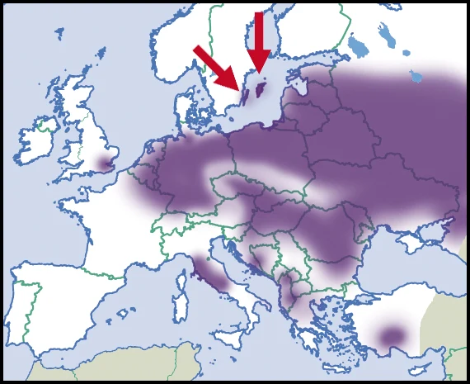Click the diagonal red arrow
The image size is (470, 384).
point(216,67)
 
